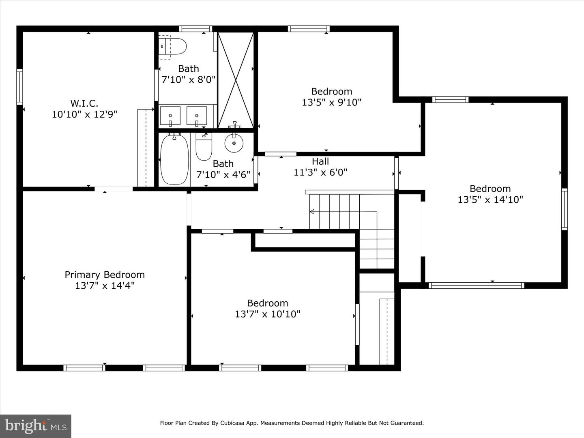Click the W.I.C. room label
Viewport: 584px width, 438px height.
tap(84, 103)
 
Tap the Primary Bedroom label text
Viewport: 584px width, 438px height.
tap(105, 275)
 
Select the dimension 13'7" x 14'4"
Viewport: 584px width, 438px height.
tap(105, 286)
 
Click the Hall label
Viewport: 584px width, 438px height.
tap(320, 161)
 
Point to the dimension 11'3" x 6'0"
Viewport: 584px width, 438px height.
tap(320, 172)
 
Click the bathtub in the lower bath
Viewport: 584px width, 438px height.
tap(174, 159)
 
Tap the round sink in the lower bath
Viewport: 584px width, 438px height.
tap(234, 143)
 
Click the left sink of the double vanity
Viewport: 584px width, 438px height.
tap(170, 116)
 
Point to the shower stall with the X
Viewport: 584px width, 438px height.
tap(236, 80)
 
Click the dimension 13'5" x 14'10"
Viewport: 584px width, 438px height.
tap(490, 200)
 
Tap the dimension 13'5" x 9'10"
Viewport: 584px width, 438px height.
tap(331, 102)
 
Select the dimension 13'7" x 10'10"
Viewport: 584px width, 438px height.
tap(268, 314)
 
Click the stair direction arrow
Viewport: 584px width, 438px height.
tap(312, 211)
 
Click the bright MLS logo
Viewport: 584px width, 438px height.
tap(36, 426)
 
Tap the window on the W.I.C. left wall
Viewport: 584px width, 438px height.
tap(19, 87)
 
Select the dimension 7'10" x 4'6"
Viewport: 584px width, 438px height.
tap(223, 175)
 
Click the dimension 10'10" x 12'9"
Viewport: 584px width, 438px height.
tap(84, 114)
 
